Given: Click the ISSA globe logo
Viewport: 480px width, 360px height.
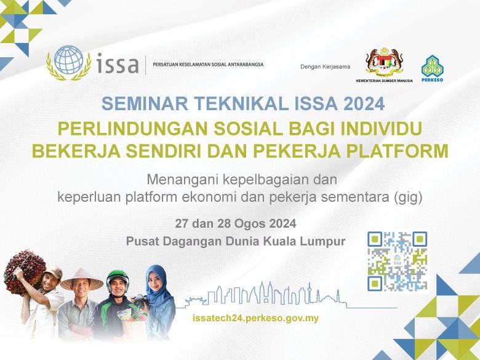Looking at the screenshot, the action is [x=68, y=63].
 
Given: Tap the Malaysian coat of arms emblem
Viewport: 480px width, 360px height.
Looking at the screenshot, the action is [x=384, y=62].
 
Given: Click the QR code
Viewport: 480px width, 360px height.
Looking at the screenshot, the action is [x=397, y=261].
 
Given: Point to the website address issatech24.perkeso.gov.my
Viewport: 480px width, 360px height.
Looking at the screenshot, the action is [x=255, y=318].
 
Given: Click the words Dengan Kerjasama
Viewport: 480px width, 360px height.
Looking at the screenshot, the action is [x=325, y=66].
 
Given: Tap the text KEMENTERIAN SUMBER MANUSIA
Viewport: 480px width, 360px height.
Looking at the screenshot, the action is [x=384, y=81].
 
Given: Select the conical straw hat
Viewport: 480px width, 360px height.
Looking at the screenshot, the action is [x=82, y=280].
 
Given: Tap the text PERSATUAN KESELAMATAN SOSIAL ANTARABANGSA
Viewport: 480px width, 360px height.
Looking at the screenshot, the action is [x=208, y=65].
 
